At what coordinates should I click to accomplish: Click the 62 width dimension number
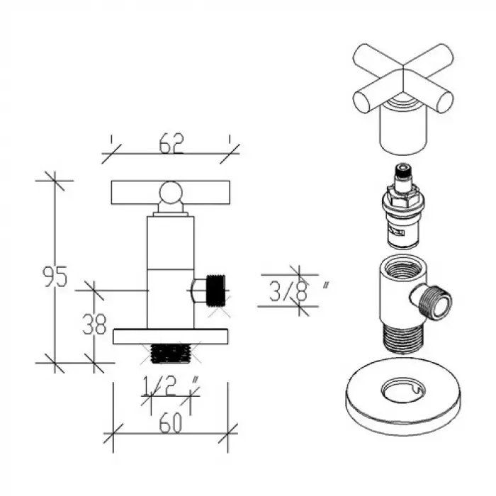[171, 143]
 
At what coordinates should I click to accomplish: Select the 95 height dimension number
[55, 276]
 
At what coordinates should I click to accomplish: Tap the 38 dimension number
[94, 324]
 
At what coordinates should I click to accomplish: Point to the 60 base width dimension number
[171, 422]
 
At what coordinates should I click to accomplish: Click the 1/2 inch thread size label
[171, 385]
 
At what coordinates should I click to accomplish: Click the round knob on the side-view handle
[171, 192]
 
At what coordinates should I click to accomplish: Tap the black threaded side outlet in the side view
[216, 291]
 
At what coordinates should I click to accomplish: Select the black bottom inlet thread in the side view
[171, 353]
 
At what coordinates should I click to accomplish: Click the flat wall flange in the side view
[171, 337]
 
